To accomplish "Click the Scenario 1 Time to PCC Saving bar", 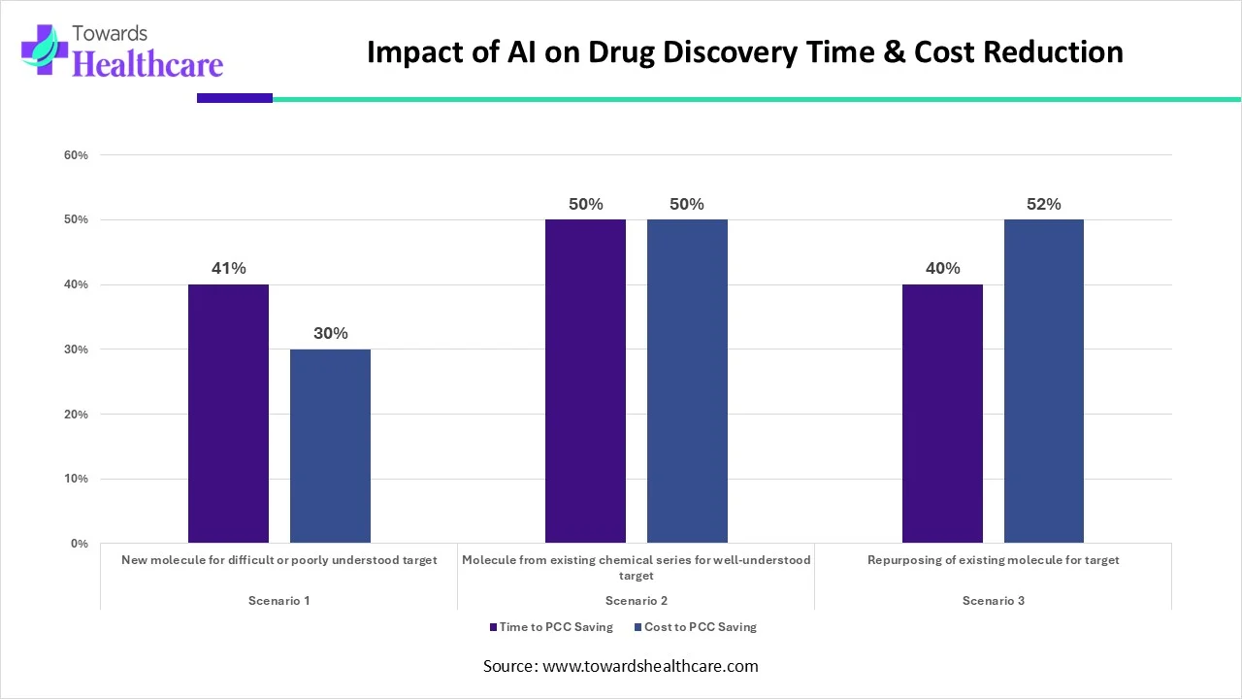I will pyautogui.click(x=228, y=414).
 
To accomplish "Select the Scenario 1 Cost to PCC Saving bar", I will pyautogui.click(x=330, y=446).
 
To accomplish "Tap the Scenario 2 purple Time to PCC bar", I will pyautogui.click(x=585, y=381).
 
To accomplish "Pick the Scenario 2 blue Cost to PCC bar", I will pyautogui.click(x=687, y=381).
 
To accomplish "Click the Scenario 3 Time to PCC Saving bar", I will pyautogui.click(x=942, y=414).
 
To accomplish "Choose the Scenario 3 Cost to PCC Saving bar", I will pyautogui.click(x=1044, y=381).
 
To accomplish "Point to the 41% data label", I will pyautogui.click(x=228, y=269).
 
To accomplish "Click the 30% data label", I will pyautogui.click(x=330, y=333).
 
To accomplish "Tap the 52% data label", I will pyautogui.click(x=1044, y=205).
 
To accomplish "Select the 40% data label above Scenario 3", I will pyautogui.click(x=942, y=269).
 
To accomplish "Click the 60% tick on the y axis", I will pyautogui.click(x=77, y=155).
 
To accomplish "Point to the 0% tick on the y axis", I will pyautogui.click(x=80, y=544).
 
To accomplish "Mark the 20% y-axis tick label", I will pyautogui.click(x=77, y=415).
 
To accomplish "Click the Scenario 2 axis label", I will pyautogui.click(x=636, y=601).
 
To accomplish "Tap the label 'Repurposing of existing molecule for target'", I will pyautogui.click(x=993, y=560).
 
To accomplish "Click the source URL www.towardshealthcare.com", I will pyautogui.click(x=650, y=666).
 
